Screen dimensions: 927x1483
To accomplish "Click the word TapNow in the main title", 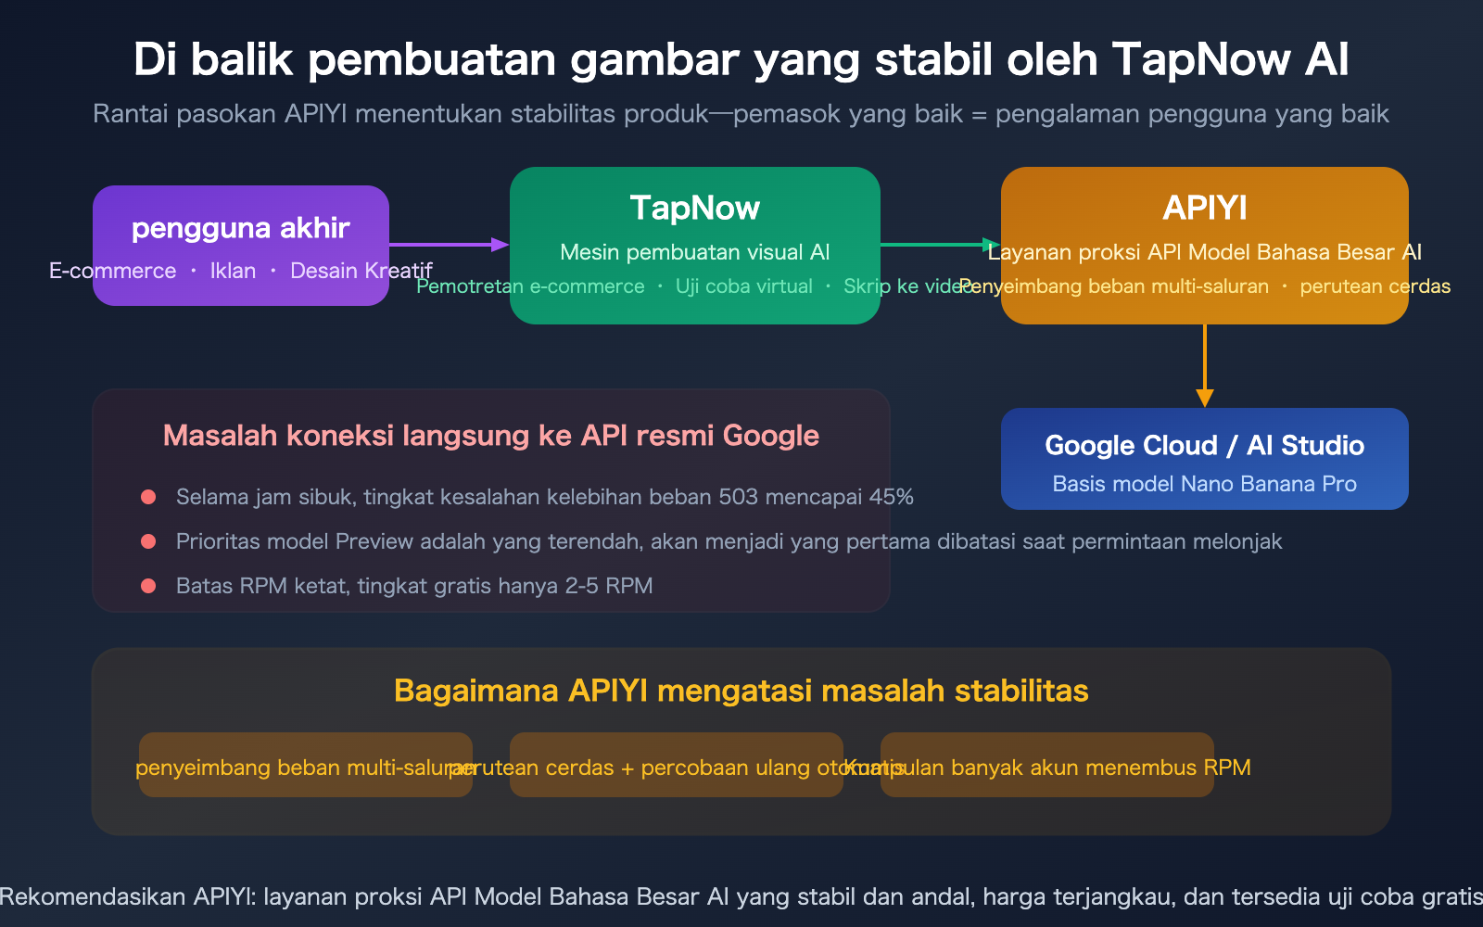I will point(1200,59).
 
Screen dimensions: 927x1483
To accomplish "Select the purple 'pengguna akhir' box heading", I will point(241,228).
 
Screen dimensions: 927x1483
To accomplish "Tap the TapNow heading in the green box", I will point(695,208).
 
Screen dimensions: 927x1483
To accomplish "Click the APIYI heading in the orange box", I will point(1205,208).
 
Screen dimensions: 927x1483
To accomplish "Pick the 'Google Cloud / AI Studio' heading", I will point(1204,446).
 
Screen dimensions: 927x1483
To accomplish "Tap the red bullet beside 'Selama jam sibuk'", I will point(148,497).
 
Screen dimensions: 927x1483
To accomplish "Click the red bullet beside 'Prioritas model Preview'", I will point(148,541).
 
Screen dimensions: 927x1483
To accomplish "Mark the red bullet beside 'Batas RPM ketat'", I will point(148,586).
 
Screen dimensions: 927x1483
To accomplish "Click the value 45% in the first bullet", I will point(891,497).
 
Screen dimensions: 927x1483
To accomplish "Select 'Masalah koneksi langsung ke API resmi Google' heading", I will point(491,436).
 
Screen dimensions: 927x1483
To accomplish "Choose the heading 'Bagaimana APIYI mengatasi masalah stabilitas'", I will point(741,692).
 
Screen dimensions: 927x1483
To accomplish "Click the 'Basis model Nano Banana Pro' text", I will point(1204,484).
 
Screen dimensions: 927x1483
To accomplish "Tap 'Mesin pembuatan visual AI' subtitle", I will point(695,252).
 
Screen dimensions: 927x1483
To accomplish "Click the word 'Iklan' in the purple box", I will point(233,271).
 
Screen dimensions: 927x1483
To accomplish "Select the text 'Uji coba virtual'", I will point(743,286).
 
